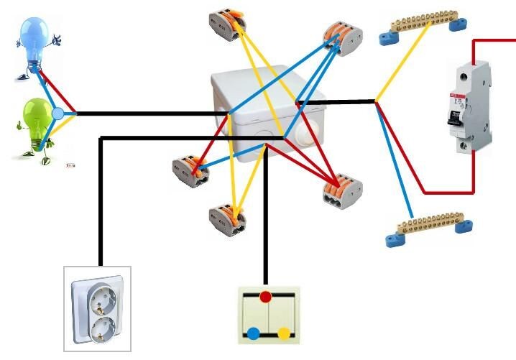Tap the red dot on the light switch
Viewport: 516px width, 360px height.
pyautogui.click(x=266, y=297)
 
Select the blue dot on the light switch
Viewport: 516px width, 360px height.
pyautogui.click(x=254, y=333)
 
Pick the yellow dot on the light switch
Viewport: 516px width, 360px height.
pyautogui.click(x=284, y=333)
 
